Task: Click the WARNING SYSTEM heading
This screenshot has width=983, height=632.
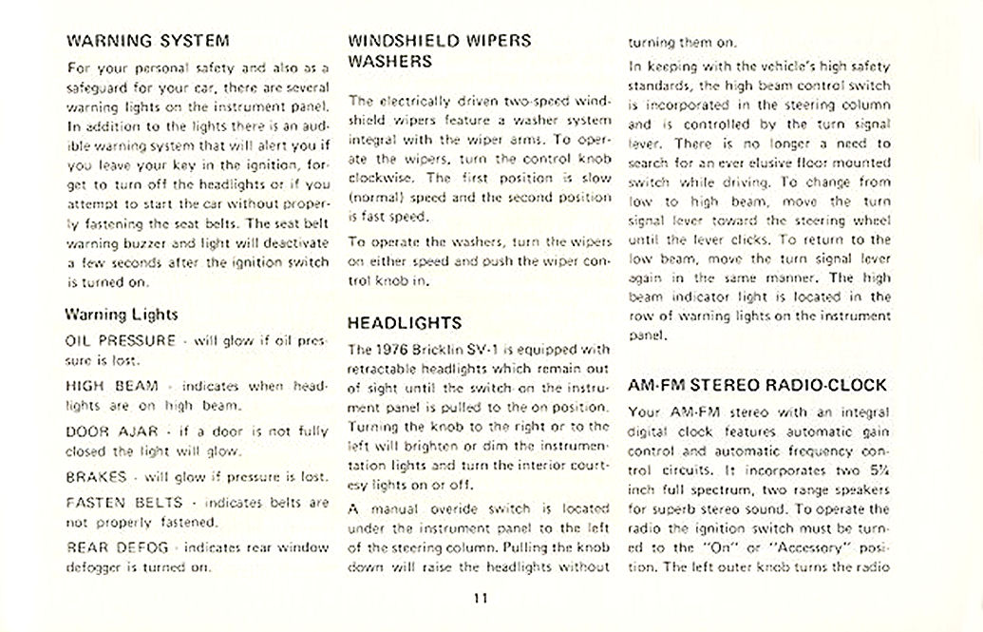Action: (147, 41)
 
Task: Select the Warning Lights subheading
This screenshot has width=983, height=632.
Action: (121, 314)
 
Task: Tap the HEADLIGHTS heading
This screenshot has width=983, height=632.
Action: (405, 322)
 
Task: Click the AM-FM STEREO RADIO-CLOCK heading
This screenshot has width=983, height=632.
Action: (758, 385)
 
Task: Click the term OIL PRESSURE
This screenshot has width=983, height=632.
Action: (121, 340)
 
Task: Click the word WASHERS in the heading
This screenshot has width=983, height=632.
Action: (390, 62)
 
